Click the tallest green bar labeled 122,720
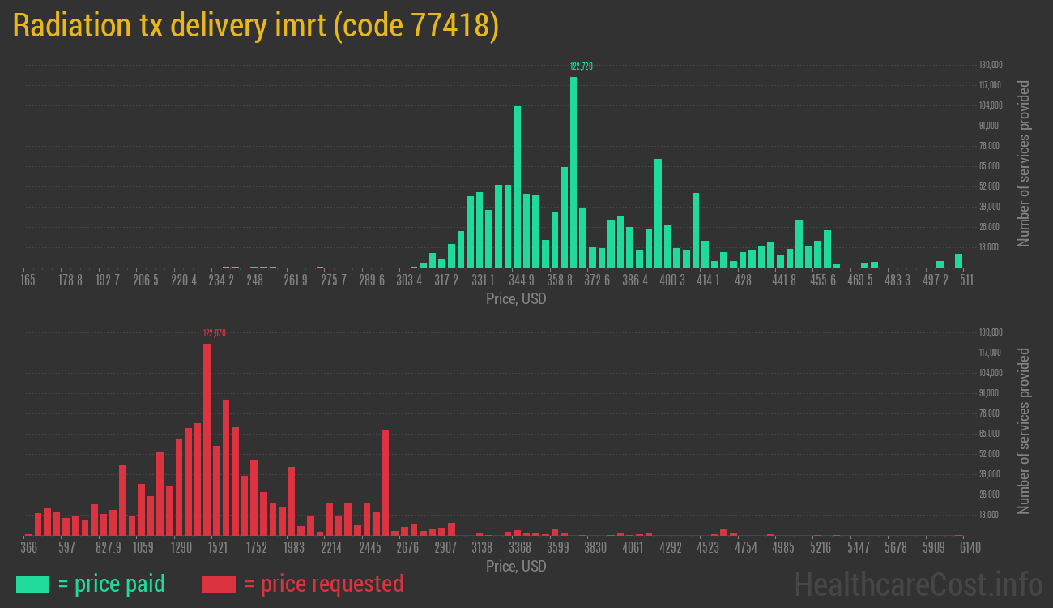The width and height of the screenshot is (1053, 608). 573,172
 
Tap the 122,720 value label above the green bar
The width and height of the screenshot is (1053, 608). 581,66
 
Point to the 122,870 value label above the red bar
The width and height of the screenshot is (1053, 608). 214,332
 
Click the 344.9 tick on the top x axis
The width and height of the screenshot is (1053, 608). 522,280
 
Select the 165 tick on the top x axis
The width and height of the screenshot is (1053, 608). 28,280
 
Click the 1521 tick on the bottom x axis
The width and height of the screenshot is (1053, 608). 218,548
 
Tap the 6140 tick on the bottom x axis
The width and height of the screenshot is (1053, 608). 958,548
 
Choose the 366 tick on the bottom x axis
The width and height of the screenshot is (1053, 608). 28,548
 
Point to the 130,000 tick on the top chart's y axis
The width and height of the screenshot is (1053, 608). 990,65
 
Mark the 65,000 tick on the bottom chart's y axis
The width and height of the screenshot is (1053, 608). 990,434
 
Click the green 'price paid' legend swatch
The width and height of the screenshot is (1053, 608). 32,584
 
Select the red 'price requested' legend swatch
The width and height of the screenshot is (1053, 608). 219,584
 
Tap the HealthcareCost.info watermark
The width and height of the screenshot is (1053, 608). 918,584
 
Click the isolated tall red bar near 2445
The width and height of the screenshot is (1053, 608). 386,482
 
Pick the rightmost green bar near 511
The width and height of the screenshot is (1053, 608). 958,260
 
